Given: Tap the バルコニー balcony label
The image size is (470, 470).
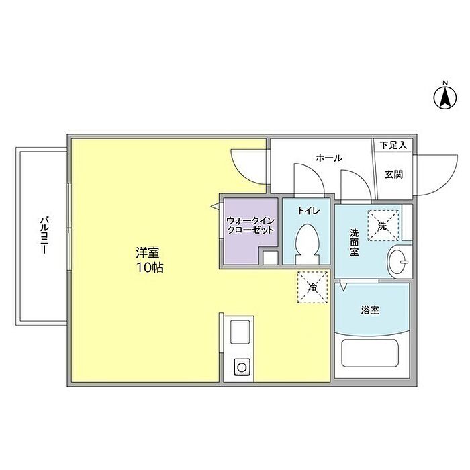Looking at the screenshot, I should point(42,234).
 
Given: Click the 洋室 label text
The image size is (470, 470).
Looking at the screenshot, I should point(147,253).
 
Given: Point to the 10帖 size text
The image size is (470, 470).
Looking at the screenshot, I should point(149,267).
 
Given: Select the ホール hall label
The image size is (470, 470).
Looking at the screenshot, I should point(328,158).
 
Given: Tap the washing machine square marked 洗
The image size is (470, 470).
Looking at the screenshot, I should point(382,224).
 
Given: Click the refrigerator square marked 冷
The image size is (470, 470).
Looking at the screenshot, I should point(312,287).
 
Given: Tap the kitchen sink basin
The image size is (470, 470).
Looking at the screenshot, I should point(240,333).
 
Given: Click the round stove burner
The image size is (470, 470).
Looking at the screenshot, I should point(240,367).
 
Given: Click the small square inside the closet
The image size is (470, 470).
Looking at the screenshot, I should point(269,258).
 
